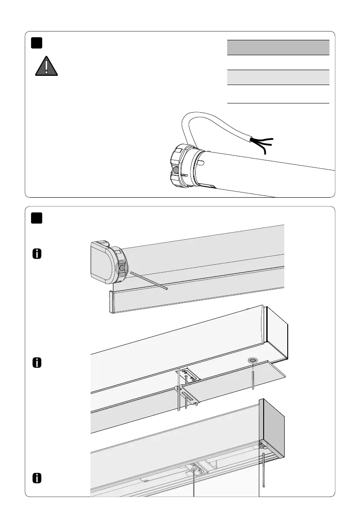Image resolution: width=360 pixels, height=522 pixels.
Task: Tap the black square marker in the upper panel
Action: click(x=36, y=43)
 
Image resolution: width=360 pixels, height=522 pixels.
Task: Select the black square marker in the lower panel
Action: click(x=36, y=218)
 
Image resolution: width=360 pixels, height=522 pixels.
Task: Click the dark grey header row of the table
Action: click(x=278, y=47)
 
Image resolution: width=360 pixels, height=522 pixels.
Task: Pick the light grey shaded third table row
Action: click(x=278, y=77)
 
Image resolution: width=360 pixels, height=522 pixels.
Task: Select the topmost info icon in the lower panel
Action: click(x=37, y=254)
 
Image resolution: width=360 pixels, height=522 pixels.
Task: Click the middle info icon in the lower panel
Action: click(x=37, y=363)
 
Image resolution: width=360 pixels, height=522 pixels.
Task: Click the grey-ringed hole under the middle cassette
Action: click(x=253, y=360)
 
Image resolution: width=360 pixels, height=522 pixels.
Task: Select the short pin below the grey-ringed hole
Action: click(x=253, y=377)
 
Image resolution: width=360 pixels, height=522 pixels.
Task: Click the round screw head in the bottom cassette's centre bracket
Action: click(x=193, y=470)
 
